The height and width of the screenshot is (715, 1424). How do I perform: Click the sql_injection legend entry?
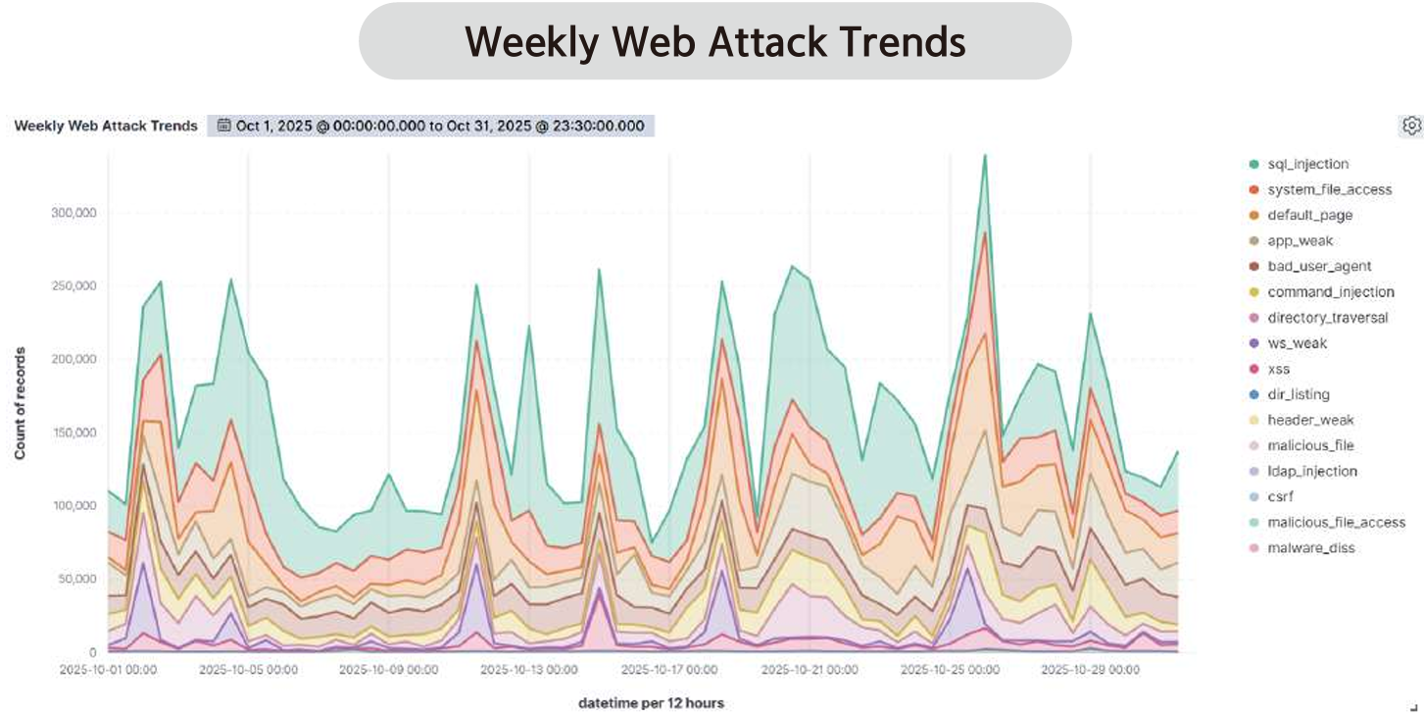1307,164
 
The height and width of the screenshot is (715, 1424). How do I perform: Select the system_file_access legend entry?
1329,189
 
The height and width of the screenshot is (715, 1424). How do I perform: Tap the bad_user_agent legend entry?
1319,266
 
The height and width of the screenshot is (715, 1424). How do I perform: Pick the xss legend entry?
1278,369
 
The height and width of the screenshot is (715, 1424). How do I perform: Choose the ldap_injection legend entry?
1312,471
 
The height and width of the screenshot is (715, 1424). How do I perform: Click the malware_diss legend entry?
1311,547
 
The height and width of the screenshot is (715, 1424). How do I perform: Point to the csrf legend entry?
1280,496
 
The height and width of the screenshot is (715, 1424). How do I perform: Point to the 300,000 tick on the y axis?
74,212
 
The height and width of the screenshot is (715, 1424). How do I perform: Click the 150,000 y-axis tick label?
74,433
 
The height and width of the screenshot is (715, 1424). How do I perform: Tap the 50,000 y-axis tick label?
77,579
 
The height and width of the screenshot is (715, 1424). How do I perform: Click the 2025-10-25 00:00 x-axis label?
950,671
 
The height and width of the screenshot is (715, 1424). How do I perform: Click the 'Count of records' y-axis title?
20,403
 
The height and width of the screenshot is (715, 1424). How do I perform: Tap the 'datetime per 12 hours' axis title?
651,702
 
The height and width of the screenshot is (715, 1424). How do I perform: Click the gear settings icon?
1411,126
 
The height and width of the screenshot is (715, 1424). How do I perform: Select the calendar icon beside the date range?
224,126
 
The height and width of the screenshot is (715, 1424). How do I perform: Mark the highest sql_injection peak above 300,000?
984,155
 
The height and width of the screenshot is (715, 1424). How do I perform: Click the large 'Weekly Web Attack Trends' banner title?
714,41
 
